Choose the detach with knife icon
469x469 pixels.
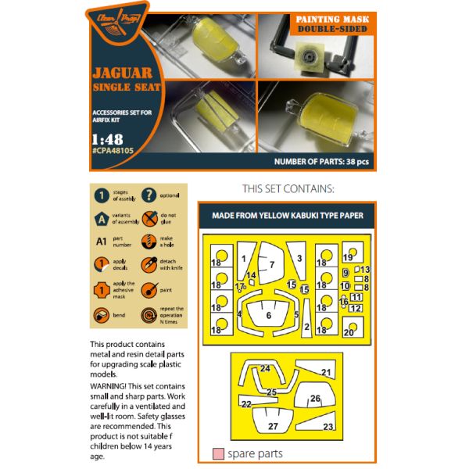coord(149,266)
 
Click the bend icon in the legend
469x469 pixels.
coord(102,314)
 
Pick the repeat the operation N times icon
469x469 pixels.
coord(149,314)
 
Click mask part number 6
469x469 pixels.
coord(269,315)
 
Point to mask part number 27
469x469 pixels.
coord(273,427)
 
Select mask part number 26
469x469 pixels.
coord(314,399)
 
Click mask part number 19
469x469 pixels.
coord(349,258)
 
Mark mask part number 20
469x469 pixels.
coord(349,332)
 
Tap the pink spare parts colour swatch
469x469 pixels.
coord(218,453)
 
